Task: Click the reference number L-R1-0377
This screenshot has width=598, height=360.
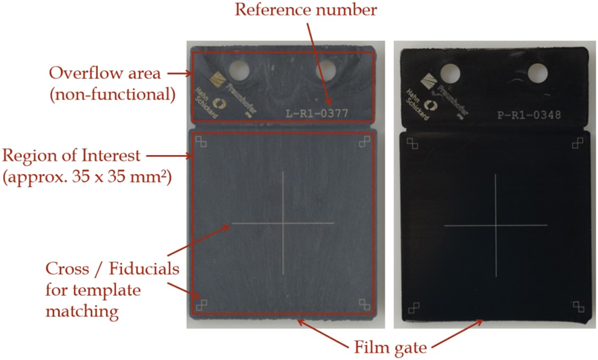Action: pyautogui.click(x=317, y=114)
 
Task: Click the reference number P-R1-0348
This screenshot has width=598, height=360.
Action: pyautogui.click(x=529, y=115)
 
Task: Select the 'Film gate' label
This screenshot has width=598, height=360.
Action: pyautogui.click(x=390, y=347)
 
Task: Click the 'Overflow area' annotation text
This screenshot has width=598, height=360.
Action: pyautogui.click(x=105, y=73)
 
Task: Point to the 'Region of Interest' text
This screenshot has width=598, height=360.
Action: pyautogui.click(x=71, y=156)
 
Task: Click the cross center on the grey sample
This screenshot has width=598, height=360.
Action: pyautogui.click(x=283, y=223)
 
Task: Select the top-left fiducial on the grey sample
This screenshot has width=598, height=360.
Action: pyautogui.click(x=202, y=141)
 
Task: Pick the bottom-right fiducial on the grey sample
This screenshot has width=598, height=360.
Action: pyautogui.click(x=365, y=304)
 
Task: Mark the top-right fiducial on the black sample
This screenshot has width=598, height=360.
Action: pyautogui.click(x=578, y=143)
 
